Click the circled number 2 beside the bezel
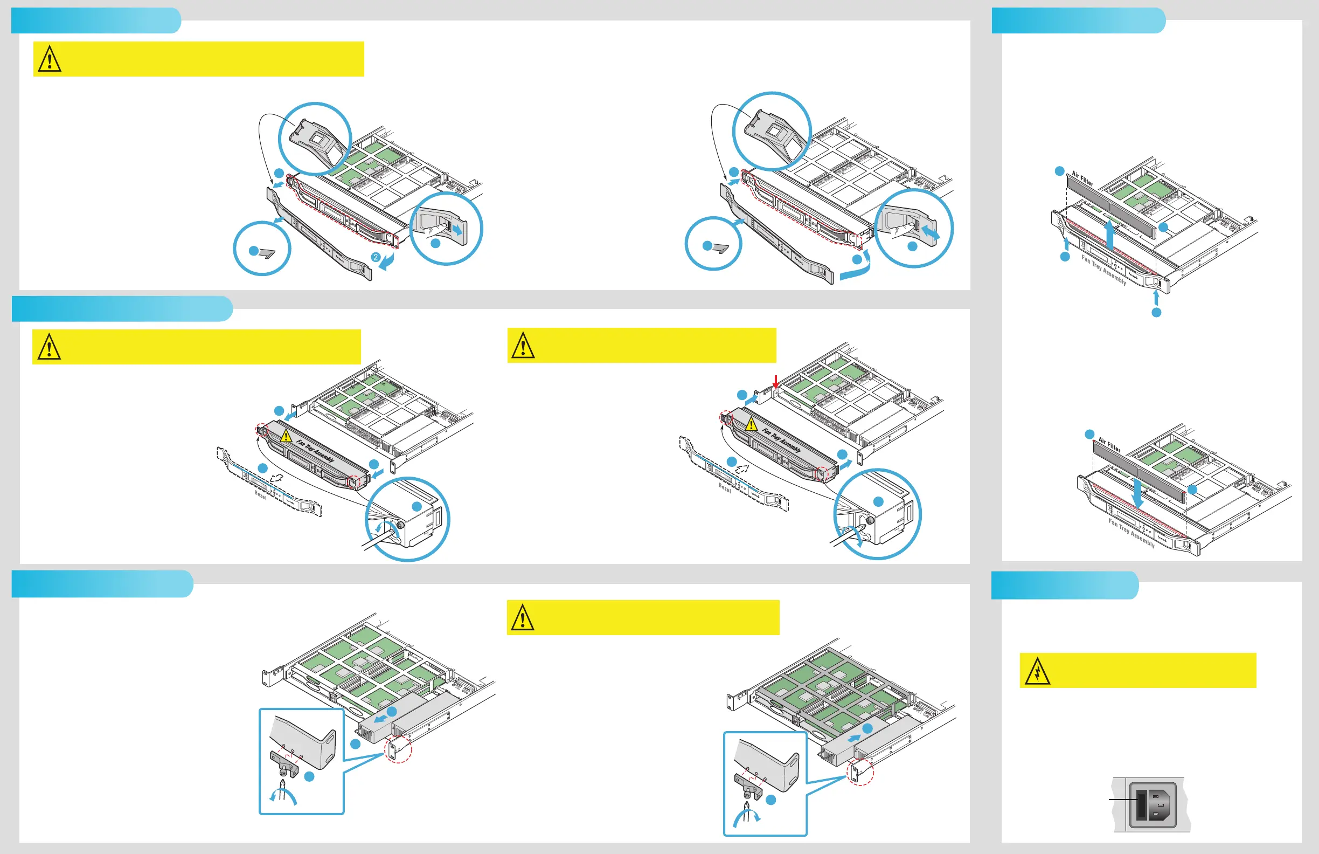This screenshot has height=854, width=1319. click(376, 257)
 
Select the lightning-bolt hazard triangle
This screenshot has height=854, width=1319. click(1037, 672)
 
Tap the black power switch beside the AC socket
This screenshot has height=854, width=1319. click(1141, 807)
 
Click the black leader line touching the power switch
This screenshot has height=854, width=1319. click(1122, 799)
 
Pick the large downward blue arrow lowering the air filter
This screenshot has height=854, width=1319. click(1137, 493)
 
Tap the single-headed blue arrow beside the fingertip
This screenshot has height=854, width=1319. click(458, 229)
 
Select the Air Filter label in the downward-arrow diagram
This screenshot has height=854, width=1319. click(1109, 445)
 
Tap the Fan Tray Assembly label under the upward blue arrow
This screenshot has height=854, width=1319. click(1103, 270)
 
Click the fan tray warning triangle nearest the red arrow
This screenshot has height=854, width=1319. click(751, 424)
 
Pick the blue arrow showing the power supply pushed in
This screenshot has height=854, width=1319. click(855, 738)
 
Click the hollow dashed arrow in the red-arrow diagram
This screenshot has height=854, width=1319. click(741, 469)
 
